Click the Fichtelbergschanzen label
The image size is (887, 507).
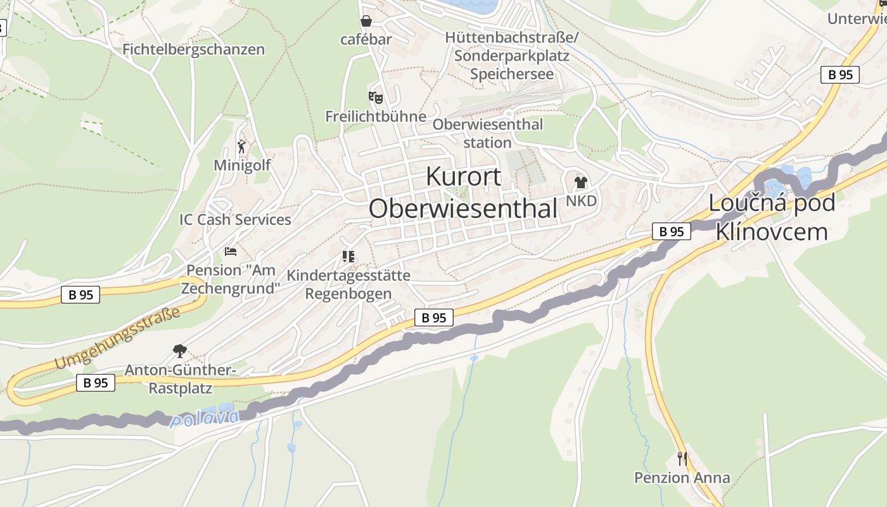(x=193, y=49)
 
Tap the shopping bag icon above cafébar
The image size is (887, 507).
(x=366, y=21)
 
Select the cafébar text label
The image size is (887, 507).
(x=366, y=39)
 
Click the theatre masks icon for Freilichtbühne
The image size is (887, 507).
(x=376, y=98)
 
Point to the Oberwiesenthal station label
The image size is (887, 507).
(x=487, y=133)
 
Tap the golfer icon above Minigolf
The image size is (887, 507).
(x=241, y=147)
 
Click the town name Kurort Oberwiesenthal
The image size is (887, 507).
(x=463, y=192)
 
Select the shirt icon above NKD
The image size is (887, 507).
(x=580, y=183)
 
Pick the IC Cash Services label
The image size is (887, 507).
(x=235, y=219)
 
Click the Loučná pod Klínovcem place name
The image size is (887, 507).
(x=771, y=217)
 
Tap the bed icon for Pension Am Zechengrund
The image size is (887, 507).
(x=231, y=252)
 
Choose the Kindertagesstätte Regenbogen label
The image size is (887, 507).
(x=348, y=285)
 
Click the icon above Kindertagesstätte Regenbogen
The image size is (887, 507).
(x=348, y=257)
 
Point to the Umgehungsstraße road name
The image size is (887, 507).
(x=117, y=338)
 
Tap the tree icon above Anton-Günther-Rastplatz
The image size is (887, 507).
(x=180, y=350)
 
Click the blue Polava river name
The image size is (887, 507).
(x=205, y=418)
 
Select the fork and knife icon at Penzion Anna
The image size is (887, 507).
(x=682, y=458)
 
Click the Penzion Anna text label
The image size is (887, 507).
(x=682, y=477)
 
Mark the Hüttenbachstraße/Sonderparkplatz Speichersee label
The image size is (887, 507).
(x=511, y=56)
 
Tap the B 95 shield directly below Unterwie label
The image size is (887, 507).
(x=840, y=74)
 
